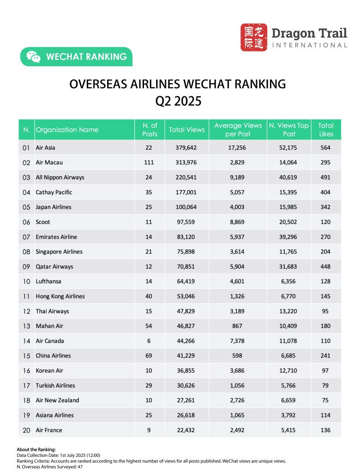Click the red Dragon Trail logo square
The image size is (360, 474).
tap(254, 37)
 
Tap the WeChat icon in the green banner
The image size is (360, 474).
tap(33, 57)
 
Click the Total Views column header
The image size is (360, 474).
tap(187, 130)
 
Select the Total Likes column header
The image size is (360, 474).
tap(326, 130)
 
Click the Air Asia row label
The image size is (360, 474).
tap(45, 148)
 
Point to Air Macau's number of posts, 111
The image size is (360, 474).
tap(149, 162)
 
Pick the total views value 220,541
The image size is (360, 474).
tap(187, 177)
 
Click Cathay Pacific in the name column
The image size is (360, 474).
tap(54, 192)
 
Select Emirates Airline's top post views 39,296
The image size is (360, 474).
tap(288, 237)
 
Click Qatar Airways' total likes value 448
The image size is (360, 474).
tap(326, 266)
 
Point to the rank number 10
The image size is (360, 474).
tap(26, 281)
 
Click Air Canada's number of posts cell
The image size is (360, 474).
tap(149, 340)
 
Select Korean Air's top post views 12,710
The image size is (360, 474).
tap(288, 370)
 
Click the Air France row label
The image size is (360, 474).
tap(49, 430)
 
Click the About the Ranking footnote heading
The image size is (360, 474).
tap(36, 449)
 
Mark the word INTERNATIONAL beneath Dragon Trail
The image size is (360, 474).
tap(310, 45)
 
